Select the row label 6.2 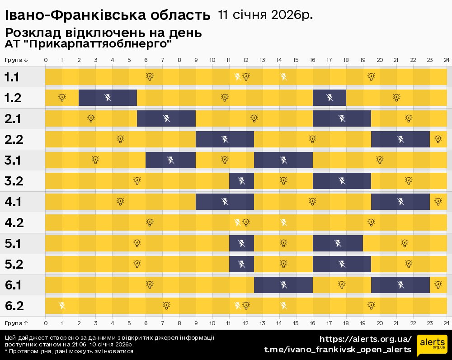pyautogui.click(x=14, y=306)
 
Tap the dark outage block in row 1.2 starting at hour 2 pyautogui.click(x=108, y=97)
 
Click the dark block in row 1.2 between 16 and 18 pyautogui.click(x=330, y=97)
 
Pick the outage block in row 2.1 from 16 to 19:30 pyautogui.click(x=342, y=118)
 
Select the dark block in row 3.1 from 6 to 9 pyautogui.click(x=170, y=160)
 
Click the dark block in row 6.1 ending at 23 pyautogui.click(x=400, y=285)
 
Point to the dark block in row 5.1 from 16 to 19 pyautogui.click(x=338, y=243)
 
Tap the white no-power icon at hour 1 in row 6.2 pyautogui.click(x=62, y=306)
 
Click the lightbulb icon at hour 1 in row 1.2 pyautogui.click(x=62, y=97)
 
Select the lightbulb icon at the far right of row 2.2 pyautogui.click(x=438, y=139)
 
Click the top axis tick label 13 pyautogui.click(x=263, y=60)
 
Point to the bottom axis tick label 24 pyautogui.click(x=446, y=323)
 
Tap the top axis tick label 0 pyautogui.click(x=46, y=60)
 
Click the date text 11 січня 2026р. pyautogui.click(x=265, y=14)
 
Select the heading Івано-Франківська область pyautogui.click(x=108, y=15)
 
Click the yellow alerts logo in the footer pyautogui.click(x=432, y=345)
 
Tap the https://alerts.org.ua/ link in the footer pyautogui.click(x=366, y=339)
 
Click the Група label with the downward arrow pyautogui.click(x=17, y=60)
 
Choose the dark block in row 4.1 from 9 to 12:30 pyautogui.click(x=225, y=202)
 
